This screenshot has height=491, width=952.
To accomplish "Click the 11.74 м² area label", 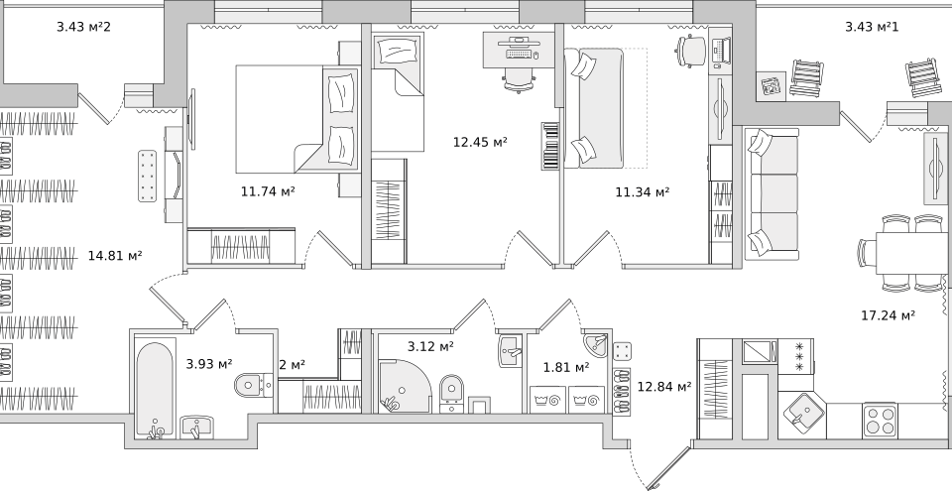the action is (268, 191).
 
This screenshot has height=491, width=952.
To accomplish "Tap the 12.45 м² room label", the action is (480, 142).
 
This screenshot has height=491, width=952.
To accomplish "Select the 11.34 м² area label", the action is (643, 192).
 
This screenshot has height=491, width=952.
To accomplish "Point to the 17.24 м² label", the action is (889, 315).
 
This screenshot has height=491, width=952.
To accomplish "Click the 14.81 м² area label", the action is (115, 256).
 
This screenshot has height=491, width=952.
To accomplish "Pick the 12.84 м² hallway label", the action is (664, 387).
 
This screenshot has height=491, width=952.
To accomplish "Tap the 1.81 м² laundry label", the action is (566, 368).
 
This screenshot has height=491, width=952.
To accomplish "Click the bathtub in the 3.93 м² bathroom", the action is (155, 390).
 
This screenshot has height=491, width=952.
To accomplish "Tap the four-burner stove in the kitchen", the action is (880, 420).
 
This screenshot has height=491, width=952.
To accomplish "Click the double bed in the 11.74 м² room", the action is (297, 119).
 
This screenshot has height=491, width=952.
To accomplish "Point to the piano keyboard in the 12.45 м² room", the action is (550, 146).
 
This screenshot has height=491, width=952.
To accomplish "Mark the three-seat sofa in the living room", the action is (773, 193).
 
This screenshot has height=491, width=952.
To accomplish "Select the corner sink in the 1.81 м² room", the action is (597, 344).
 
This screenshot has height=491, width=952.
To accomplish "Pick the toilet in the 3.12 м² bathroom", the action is (451, 390).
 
